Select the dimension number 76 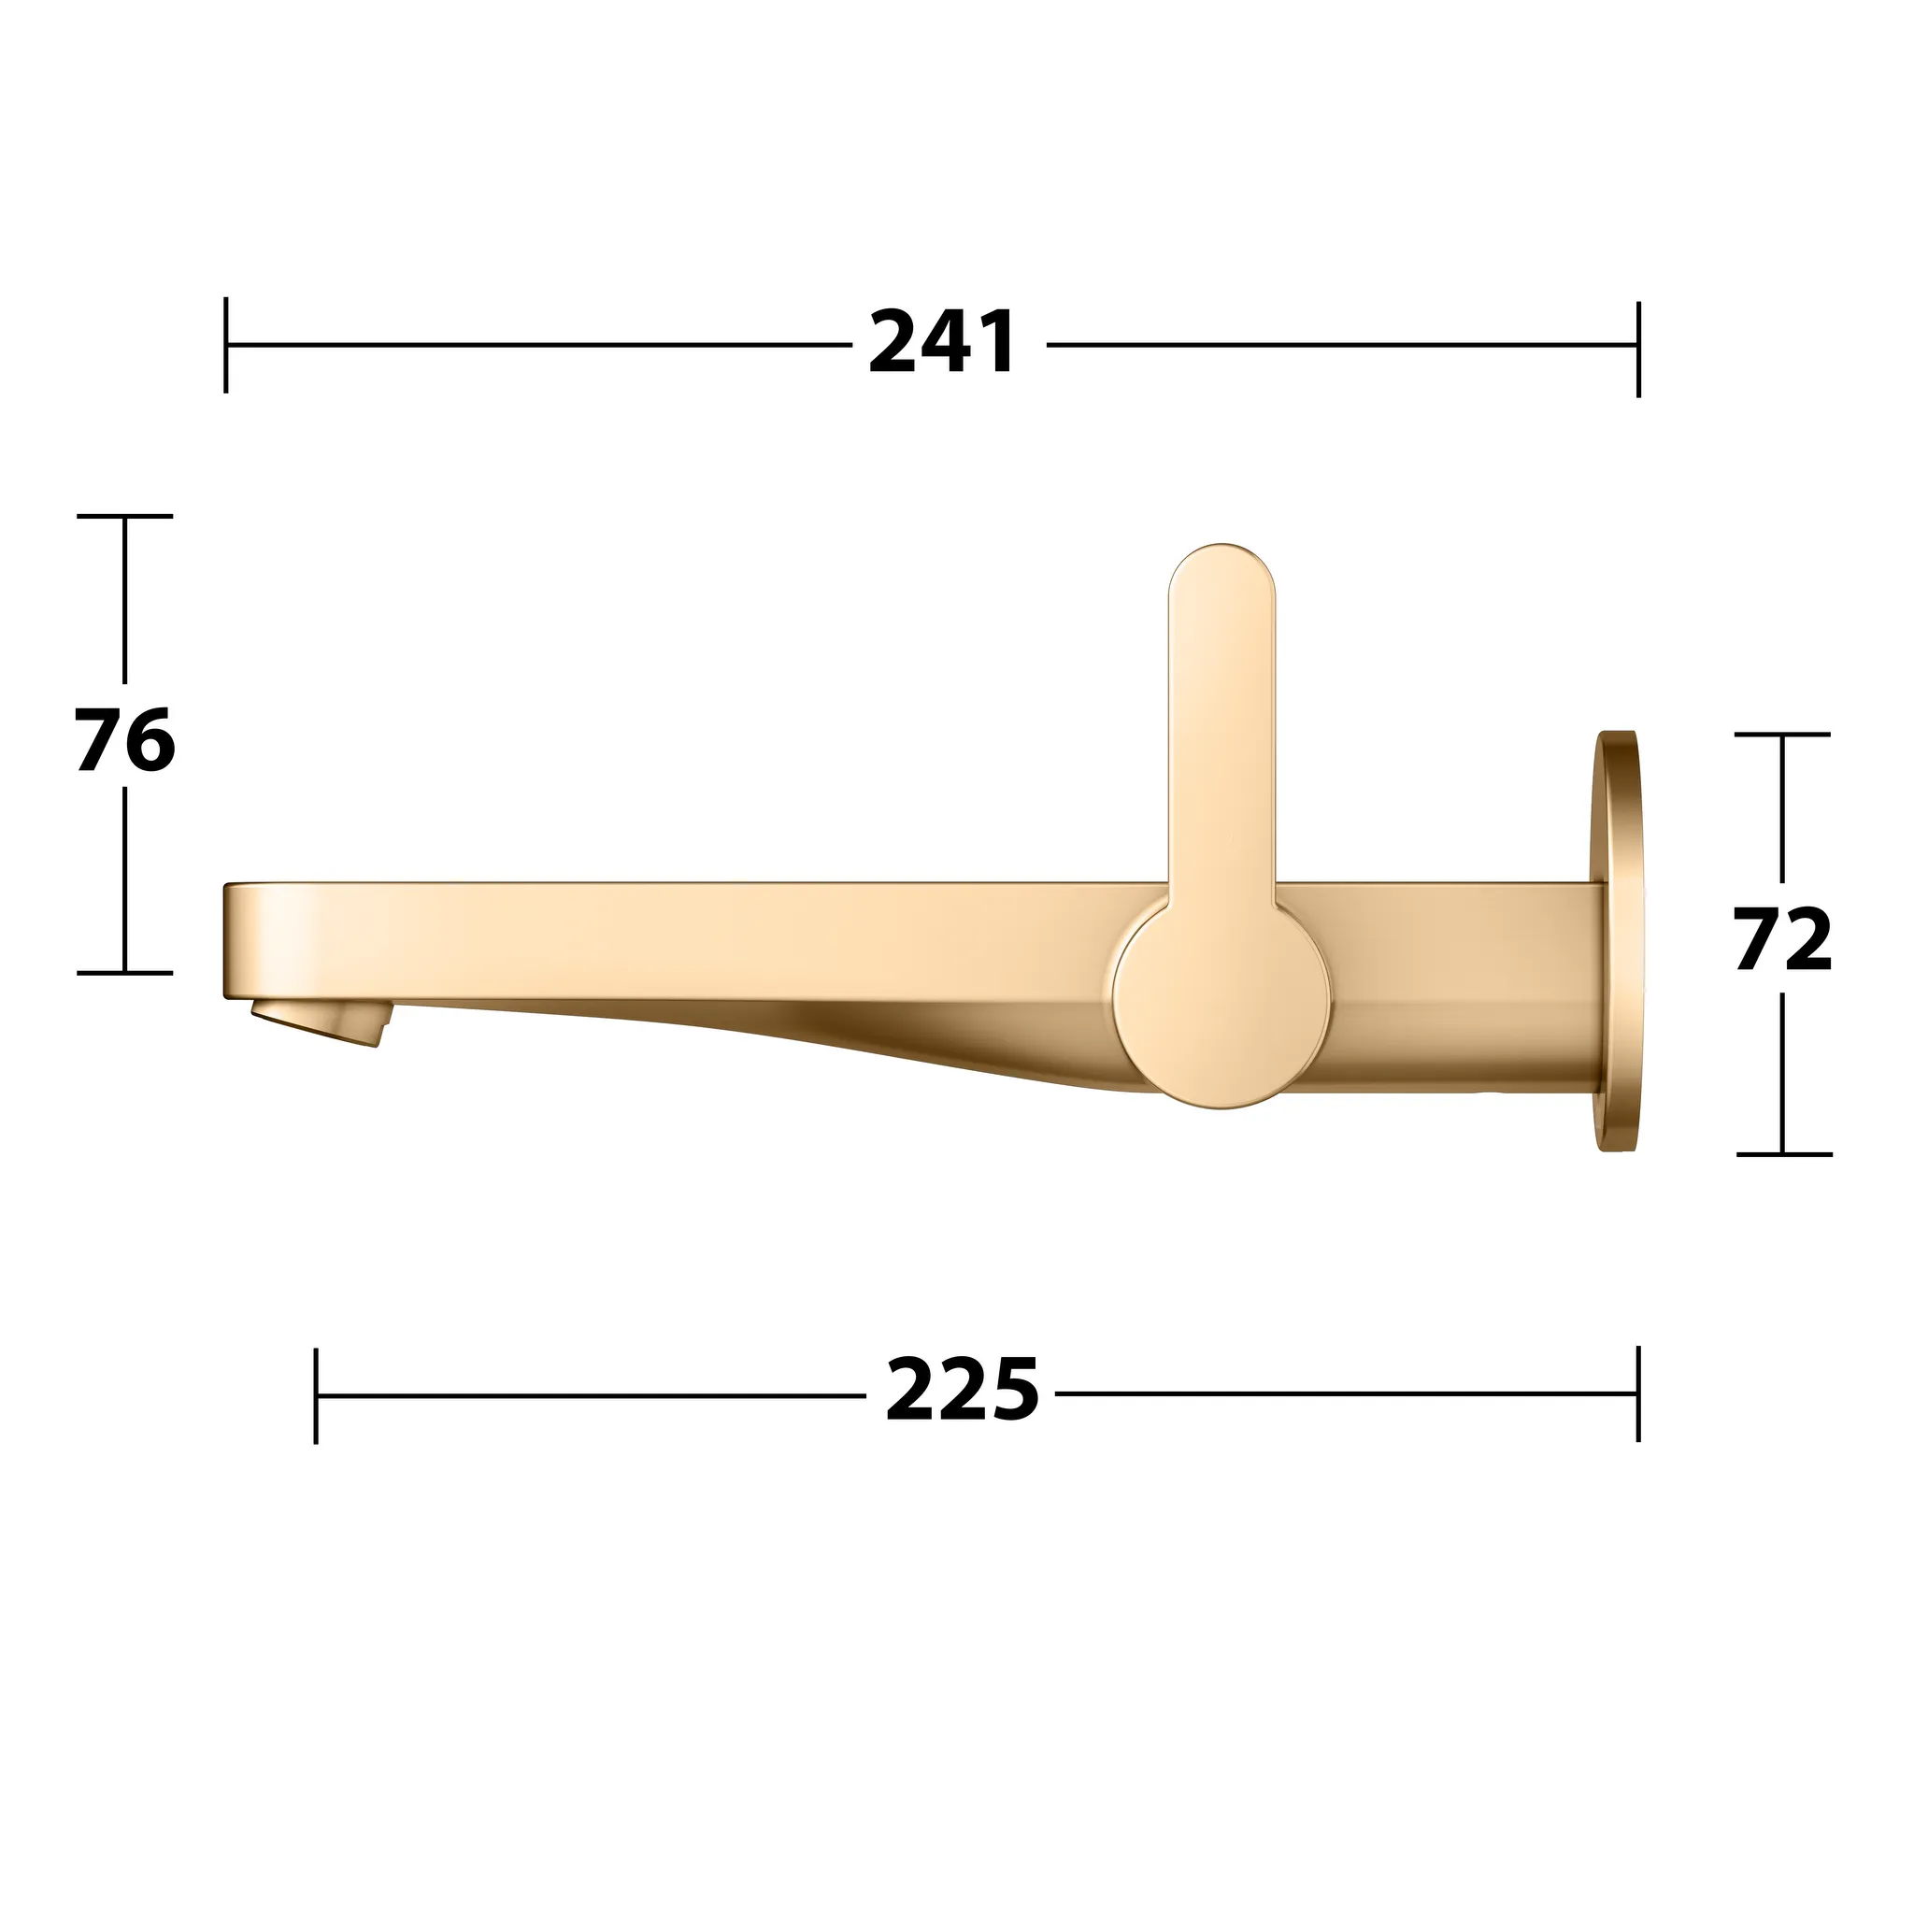125,740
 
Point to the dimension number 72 1782,939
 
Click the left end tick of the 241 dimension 226,345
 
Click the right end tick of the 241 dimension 1638,349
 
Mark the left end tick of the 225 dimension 316,1395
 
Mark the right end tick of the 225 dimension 1638,1393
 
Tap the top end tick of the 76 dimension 125,516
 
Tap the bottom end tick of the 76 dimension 125,973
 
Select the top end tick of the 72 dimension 1782,734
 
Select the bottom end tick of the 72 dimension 1783,1154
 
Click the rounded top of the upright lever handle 1221,575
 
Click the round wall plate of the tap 1618,941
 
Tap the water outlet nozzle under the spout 319,1021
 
